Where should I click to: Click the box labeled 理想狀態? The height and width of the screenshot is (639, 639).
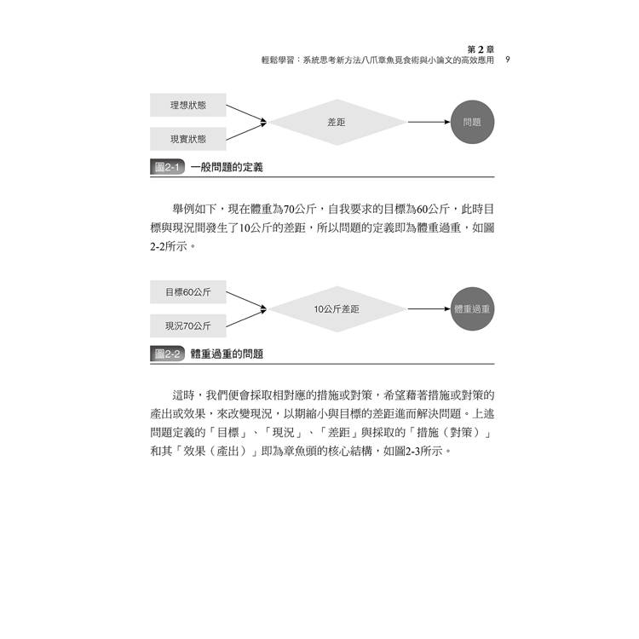(x=188, y=105)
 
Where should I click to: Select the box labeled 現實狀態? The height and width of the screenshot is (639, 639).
(x=188, y=139)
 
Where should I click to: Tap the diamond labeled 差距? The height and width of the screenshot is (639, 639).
(x=337, y=122)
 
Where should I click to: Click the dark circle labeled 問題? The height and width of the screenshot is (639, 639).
(x=472, y=122)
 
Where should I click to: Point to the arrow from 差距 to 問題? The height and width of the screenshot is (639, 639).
(x=429, y=122)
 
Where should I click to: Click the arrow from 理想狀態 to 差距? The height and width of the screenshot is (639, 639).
(x=246, y=113)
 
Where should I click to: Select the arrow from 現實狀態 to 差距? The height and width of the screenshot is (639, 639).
(x=246, y=131)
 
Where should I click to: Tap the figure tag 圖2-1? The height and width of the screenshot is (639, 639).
(x=167, y=167)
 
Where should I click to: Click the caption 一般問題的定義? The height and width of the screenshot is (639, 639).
(x=227, y=167)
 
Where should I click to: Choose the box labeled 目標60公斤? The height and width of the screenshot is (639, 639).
(x=188, y=291)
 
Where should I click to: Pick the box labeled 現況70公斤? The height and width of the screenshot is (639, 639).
(x=188, y=325)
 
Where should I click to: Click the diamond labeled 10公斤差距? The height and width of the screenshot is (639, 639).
(x=337, y=309)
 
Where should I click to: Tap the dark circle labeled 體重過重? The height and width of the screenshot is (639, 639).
(x=472, y=309)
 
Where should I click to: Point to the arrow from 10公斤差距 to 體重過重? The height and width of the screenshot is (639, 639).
(x=429, y=309)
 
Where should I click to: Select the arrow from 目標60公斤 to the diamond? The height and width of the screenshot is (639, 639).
(x=246, y=301)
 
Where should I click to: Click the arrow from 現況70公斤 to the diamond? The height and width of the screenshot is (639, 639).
(x=246, y=318)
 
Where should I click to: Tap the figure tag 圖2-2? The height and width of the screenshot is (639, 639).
(x=167, y=354)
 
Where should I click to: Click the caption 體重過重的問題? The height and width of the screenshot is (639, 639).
(x=227, y=354)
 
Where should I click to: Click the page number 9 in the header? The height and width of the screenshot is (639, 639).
(x=508, y=60)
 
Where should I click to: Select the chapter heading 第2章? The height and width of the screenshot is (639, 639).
(x=481, y=49)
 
